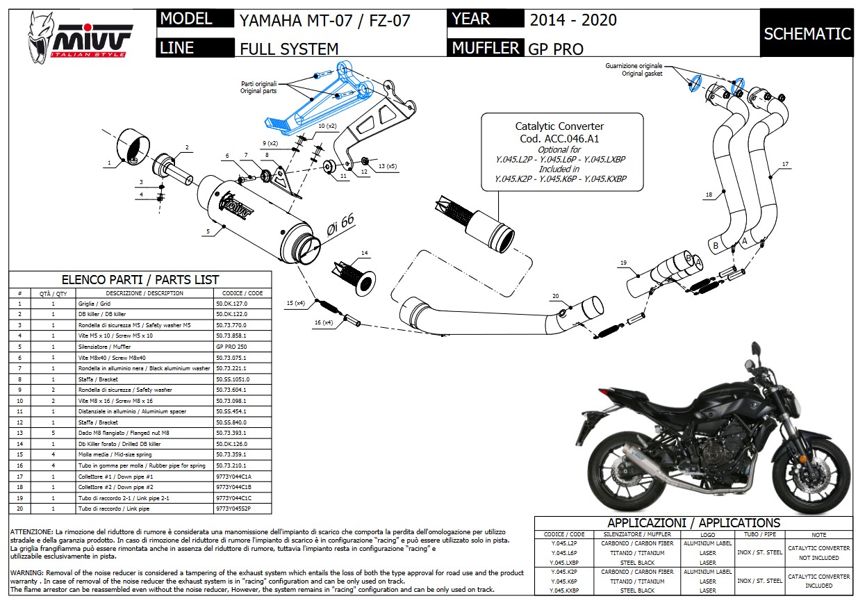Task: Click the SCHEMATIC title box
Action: point(807,33)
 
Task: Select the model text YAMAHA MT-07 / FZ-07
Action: point(324,20)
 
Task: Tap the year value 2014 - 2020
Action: point(572,20)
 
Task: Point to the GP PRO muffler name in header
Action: point(556,49)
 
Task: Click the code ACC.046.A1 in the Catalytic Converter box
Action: point(559,138)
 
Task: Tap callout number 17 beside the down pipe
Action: point(785,165)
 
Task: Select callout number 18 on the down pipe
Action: point(709,195)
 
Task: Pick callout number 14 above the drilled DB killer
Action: point(364,253)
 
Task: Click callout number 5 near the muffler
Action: point(207,231)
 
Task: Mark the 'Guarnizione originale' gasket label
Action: point(633,65)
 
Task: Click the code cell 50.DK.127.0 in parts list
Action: point(231,304)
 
